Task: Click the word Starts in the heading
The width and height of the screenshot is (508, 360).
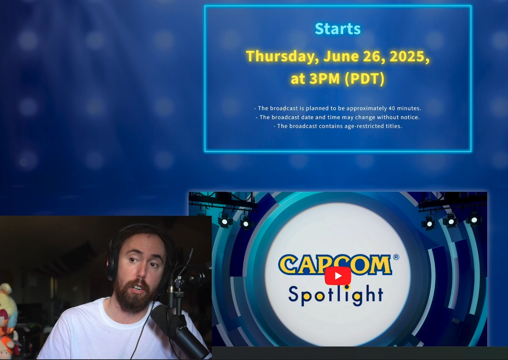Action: pos(338,29)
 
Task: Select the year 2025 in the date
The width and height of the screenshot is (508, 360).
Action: pos(409,56)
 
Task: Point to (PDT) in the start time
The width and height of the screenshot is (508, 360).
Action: pos(364,79)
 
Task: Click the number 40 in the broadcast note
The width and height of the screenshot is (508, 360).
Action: pos(392,108)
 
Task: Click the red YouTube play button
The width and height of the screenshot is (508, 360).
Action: pos(338,276)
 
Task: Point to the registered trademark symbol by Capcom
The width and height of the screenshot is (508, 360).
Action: pos(396,257)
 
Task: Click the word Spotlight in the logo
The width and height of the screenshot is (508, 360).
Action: pos(336,295)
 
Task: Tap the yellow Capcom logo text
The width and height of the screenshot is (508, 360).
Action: pos(335,264)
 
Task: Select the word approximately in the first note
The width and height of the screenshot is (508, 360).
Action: pos(366,109)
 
